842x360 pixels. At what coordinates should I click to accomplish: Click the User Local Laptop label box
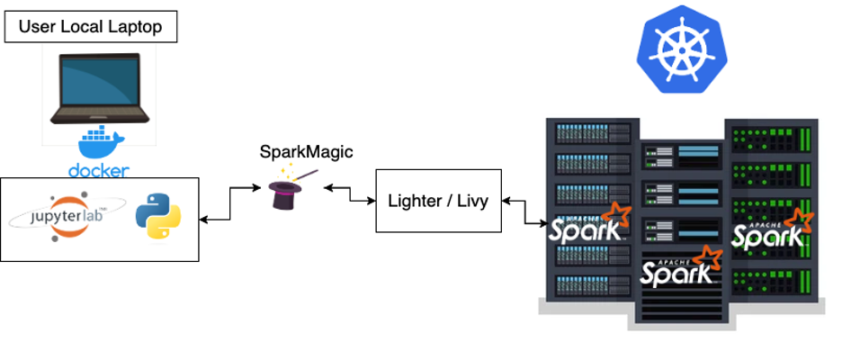coord(91,27)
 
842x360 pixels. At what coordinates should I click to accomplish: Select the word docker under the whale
coord(99,170)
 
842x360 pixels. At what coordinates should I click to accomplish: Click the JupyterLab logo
coord(62,219)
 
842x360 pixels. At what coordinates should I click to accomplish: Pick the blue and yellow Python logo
coord(157,219)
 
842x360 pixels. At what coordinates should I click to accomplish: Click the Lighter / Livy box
coord(438,200)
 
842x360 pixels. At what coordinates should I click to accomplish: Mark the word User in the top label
coord(35,27)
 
